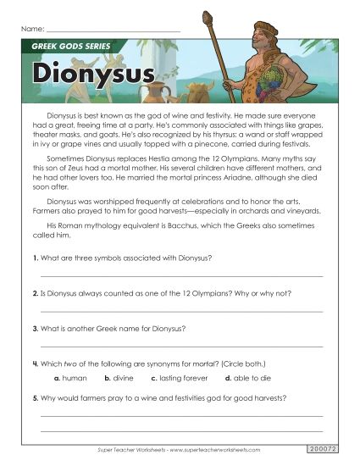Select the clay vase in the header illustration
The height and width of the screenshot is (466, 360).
point(152,91)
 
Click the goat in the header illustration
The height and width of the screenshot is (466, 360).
point(200,91)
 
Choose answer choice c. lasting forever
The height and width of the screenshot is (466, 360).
point(179,378)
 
